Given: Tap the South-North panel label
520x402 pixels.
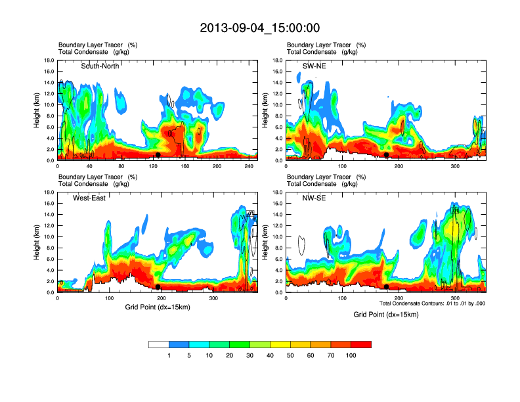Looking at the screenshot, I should tap(100, 66).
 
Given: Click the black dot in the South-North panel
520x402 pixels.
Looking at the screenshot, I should tap(158, 155).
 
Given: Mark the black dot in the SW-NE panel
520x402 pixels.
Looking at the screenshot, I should tap(387, 155).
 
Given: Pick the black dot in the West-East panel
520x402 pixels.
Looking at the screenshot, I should tap(158, 287).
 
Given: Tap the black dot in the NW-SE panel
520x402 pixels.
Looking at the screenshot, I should tap(387, 287).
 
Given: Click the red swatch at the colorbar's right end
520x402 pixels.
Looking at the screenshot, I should tap(361, 344).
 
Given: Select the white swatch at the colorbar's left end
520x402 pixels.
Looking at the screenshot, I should tap(159, 344).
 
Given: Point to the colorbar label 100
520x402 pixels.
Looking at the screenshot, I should tap(351, 355).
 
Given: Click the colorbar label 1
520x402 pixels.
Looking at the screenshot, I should tap(169, 355).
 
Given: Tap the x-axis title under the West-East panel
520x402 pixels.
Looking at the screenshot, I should tap(158, 307).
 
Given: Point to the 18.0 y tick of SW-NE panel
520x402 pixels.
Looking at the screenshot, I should tap(278, 60).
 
